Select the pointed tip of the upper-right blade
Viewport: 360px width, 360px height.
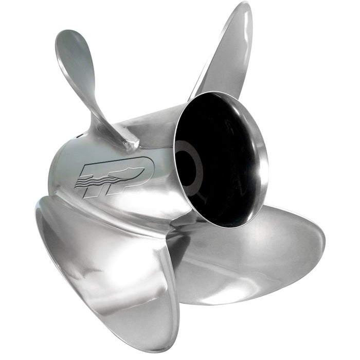[246, 7]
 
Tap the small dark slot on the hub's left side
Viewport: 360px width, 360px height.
[78, 137]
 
